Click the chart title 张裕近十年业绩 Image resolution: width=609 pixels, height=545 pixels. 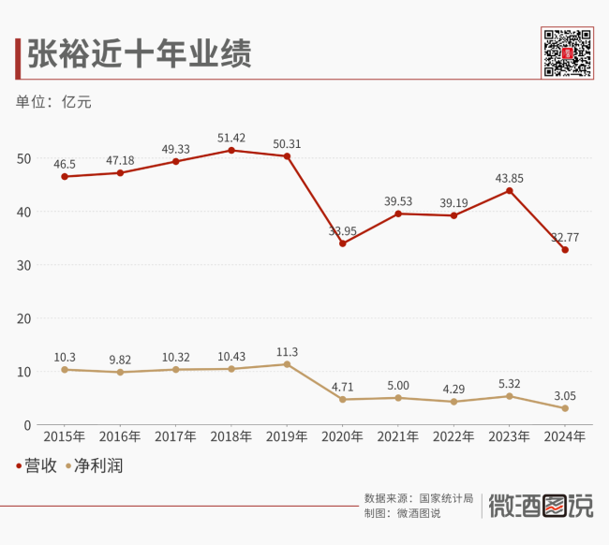[x=139, y=53]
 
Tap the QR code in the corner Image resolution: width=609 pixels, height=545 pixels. [x=566, y=53]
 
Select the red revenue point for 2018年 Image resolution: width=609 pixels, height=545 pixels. [x=231, y=150]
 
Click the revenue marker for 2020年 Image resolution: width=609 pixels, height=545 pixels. [x=343, y=243]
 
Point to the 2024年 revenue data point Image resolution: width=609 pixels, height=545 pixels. [x=565, y=249]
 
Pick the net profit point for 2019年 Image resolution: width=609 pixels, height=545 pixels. [x=287, y=364]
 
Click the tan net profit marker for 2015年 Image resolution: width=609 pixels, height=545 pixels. [x=65, y=370]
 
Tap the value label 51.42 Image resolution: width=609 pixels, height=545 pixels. [x=231, y=138]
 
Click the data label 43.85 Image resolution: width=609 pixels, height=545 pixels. [x=509, y=178]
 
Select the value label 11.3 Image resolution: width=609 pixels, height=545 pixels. [x=287, y=352]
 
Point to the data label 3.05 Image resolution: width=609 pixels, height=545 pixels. [x=565, y=395]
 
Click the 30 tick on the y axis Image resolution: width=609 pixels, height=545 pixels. [x=25, y=265]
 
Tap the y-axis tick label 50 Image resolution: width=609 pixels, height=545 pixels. [x=25, y=158]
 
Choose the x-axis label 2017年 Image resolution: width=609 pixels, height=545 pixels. [x=175, y=436]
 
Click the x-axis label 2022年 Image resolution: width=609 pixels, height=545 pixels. [x=453, y=436]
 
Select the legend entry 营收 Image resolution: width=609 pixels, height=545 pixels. [x=37, y=465]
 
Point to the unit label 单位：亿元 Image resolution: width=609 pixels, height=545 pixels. [x=53, y=101]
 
